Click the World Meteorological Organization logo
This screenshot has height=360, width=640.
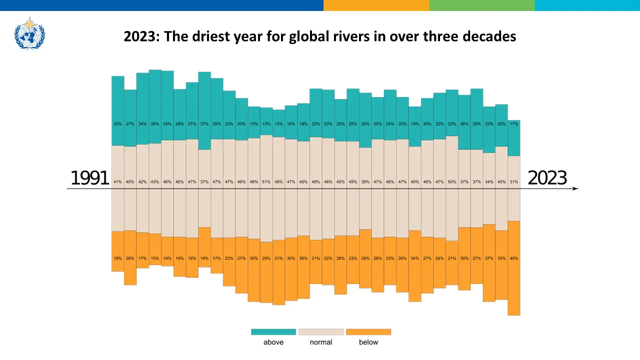(30, 33)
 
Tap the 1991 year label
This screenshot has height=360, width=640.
(90, 178)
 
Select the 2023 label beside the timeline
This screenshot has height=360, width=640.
(547, 178)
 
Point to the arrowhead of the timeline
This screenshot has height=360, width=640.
(575, 188)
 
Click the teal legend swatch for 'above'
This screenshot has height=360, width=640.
(273, 332)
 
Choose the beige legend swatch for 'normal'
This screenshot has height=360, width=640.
(321, 332)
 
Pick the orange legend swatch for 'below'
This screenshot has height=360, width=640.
(368, 332)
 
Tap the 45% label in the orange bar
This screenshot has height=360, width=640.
(514, 258)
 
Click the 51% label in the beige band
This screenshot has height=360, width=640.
(266, 182)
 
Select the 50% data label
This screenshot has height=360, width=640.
(452, 182)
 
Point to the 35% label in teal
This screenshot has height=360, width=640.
(155, 124)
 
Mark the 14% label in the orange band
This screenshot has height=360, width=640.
(167, 258)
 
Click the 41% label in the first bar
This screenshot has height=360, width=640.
(118, 182)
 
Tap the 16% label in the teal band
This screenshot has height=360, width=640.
(291, 124)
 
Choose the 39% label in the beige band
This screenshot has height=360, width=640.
(365, 182)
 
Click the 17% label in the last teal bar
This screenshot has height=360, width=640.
(514, 124)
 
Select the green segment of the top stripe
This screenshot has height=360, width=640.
(481, 5)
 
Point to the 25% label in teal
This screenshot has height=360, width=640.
(353, 124)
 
